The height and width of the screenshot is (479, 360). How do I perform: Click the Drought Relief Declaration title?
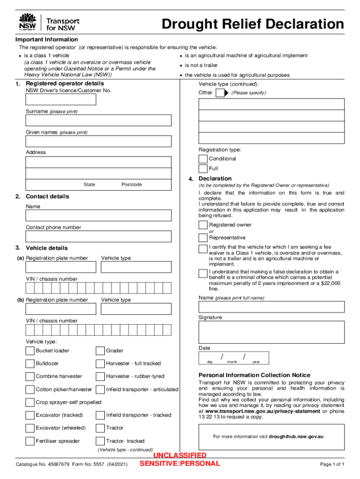pos(252,24)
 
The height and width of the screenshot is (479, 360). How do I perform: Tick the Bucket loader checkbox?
pos(30,351)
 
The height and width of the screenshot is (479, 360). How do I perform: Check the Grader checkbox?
pos(100,351)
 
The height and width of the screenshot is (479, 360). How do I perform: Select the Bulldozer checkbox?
pos(30,363)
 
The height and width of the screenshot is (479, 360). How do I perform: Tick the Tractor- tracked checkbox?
pos(100,441)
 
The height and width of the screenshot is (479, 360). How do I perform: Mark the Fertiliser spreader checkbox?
pos(30,441)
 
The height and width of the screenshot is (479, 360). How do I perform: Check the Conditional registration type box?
pos(203,159)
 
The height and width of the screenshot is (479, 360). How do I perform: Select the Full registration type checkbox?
pos(203,169)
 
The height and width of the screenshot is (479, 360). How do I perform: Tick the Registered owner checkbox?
pos(203,225)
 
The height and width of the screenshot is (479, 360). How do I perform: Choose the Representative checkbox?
pos(203,238)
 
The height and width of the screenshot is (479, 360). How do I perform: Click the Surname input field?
pos(98,120)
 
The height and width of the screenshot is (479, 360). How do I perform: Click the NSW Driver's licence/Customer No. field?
pos(61,99)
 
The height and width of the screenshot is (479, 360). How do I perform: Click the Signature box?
pos(271,332)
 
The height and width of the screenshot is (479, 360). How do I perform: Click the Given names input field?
pos(98,141)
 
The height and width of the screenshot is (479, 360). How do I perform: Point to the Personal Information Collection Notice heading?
pos(254,375)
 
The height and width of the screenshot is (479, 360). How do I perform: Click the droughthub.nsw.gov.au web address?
pos(296,436)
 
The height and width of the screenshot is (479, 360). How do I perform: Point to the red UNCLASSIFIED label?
pos(180,456)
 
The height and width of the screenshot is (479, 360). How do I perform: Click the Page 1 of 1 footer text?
pos(332,464)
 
